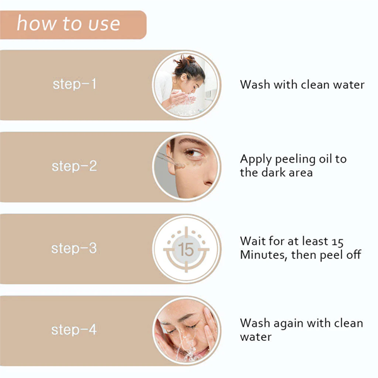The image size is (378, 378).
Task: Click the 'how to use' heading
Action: [68, 24]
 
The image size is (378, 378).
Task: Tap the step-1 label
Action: [74, 84]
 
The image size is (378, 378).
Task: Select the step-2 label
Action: [74, 166]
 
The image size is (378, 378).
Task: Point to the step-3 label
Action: [74, 248]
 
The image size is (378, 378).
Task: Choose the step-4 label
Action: [74, 330]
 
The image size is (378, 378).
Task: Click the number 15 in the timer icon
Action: [186, 249]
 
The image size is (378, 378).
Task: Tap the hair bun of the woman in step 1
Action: [188, 62]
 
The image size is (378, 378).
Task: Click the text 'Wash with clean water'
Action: [302, 85]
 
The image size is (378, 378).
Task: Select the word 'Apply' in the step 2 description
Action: [255, 159]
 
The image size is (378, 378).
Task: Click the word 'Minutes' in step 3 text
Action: [263, 255]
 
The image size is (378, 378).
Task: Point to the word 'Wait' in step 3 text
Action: [253, 241]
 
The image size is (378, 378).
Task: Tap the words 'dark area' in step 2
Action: [287, 173]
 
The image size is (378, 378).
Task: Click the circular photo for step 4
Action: [187, 330]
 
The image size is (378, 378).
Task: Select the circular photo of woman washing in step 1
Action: [187, 84]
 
